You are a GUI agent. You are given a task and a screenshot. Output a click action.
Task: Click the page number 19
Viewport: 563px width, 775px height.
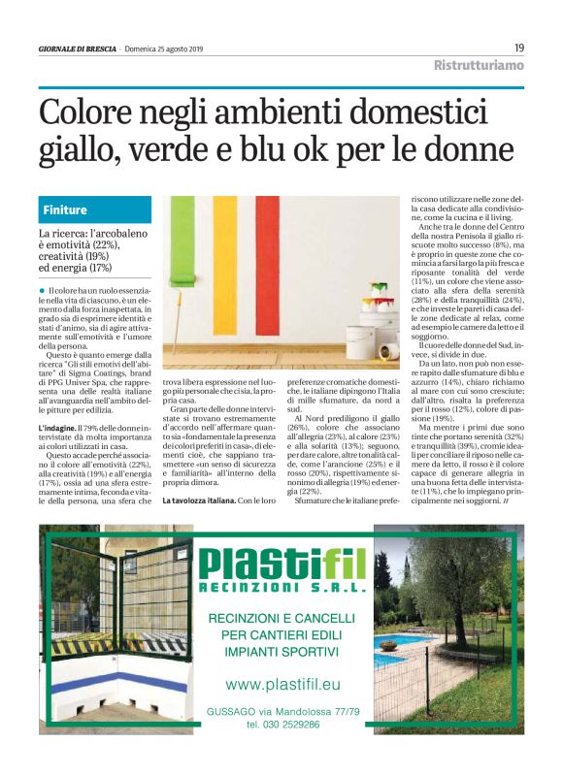click(x=519, y=47)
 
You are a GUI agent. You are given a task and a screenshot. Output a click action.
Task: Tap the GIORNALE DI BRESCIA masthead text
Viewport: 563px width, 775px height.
click(x=78, y=48)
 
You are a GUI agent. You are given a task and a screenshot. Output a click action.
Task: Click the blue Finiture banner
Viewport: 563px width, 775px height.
click(x=95, y=210)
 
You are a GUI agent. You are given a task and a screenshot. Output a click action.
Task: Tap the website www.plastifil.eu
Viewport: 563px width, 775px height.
click(x=281, y=685)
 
